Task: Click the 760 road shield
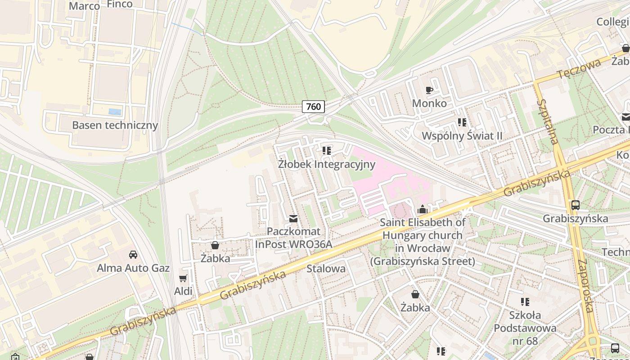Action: point(313,107)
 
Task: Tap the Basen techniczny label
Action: point(115,125)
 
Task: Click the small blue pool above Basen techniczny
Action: point(115,112)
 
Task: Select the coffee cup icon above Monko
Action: point(429,90)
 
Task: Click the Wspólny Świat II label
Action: point(462,136)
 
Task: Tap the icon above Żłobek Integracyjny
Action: point(327,150)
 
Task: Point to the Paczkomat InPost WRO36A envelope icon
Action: point(293,219)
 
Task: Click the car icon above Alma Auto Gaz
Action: point(133,255)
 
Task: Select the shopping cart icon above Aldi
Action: point(183,279)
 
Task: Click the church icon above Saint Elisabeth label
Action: point(423,209)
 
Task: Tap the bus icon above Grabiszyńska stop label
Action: point(575,205)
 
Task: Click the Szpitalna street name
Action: point(547,121)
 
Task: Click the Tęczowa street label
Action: point(578,69)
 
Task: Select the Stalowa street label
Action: point(326,269)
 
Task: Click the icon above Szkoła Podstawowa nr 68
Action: point(525,301)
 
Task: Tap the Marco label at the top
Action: point(84,6)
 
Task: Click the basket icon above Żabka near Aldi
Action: point(215,245)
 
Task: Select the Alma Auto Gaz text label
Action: point(133,268)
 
